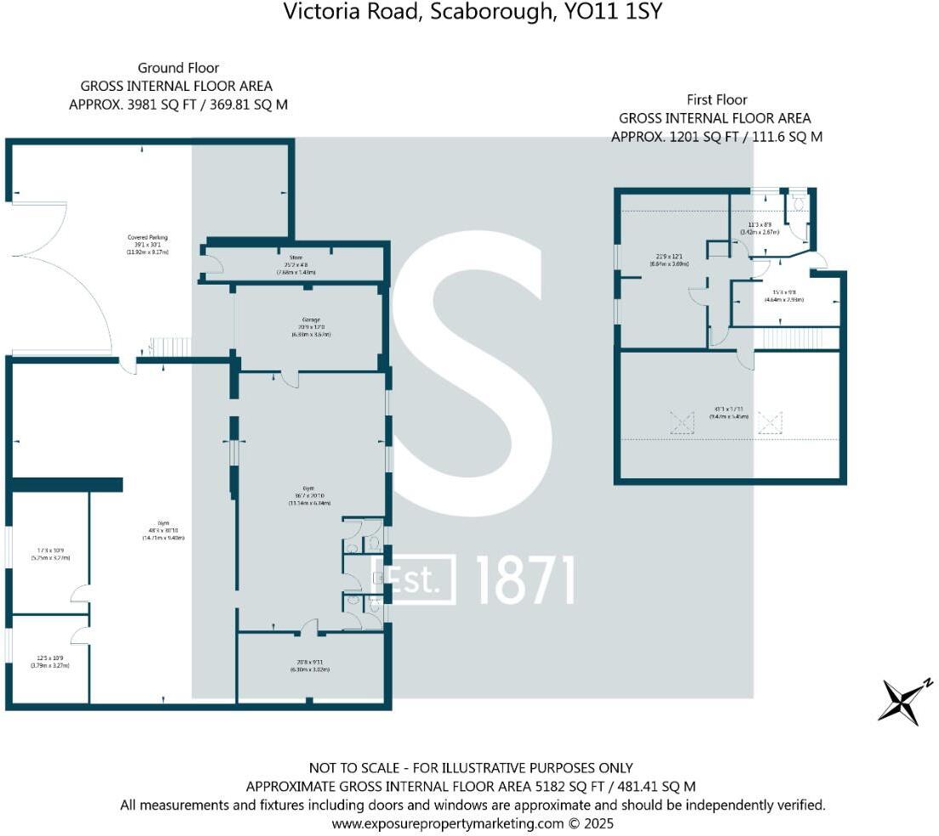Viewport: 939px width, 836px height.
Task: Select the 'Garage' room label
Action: click(308, 319)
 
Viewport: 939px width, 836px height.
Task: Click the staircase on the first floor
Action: click(794, 339)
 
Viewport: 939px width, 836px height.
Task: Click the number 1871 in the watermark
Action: click(524, 581)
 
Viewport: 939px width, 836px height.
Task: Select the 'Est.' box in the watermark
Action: click(416, 580)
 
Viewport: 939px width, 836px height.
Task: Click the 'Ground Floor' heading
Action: click(178, 68)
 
